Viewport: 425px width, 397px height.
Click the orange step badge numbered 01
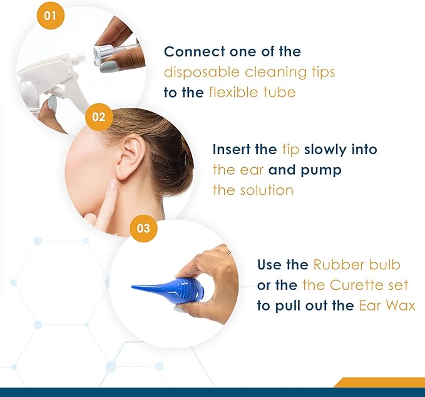pos(51,16)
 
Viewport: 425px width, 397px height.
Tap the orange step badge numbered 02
pos(99,117)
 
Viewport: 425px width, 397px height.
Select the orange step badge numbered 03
pos(143,228)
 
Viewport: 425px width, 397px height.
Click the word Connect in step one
pos(195,51)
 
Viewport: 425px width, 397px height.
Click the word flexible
pos(229,92)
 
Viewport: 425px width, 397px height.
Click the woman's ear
pos(130,157)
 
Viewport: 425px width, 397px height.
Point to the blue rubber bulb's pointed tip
pos(132,286)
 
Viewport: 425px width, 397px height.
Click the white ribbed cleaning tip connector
pos(100,54)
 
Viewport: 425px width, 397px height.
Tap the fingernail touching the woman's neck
pos(112,185)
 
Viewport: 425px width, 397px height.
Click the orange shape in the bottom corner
pos(379,383)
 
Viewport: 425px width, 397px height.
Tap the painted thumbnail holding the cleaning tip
pos(108,67)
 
